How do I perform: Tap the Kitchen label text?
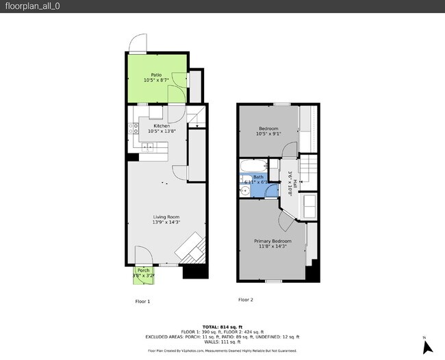(162, 126)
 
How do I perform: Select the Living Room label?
(166, 216)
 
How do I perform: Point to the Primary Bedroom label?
(272, 241)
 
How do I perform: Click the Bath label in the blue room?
(258, 177)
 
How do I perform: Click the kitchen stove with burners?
(148, 147)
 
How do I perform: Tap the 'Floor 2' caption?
(245, 300)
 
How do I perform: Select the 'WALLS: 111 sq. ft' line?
(222, 342)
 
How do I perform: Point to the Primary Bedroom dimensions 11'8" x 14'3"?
(272, 246)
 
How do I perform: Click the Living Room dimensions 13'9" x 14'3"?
(166, 222)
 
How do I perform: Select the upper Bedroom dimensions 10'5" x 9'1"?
(268, 133)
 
